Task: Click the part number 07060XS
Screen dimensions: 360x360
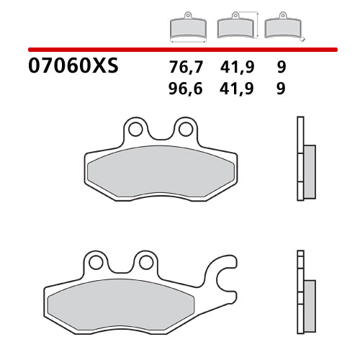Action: (x=73, y=68)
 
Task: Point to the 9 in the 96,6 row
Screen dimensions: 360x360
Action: (x=280, y=89)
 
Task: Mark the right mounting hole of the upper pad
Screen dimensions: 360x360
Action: (x=185, y=130)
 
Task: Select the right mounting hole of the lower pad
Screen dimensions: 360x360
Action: (x=146, y=262)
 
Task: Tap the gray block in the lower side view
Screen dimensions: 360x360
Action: (x=310, y=297)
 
